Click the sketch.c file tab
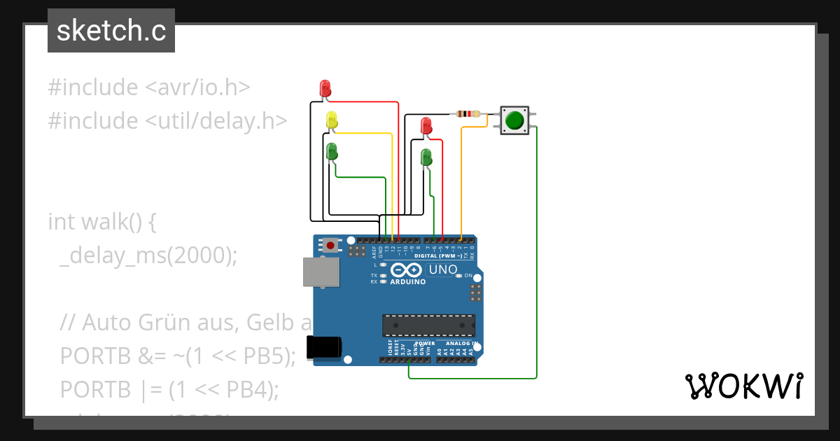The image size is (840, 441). tap(111, 31)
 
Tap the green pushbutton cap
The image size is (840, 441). tap(514, 120)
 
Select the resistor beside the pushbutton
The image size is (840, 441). tap(468, 114)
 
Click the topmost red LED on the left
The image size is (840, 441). tap(325, 88)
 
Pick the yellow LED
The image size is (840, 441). tap(332, 120)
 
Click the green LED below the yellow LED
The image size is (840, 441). tap(332, 150)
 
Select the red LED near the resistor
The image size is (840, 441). tap(426, 126)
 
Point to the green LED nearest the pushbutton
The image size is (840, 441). tap(426, 157)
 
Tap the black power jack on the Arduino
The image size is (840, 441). tap(325, 348)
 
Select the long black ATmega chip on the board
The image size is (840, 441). tap(428, 325)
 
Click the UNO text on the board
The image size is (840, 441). tap(442, 269)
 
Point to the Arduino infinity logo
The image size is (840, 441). tap(407, 270)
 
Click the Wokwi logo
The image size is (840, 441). tap(743, 386)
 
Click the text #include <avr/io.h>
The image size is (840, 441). tap(149, 87)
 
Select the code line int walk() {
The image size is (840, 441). tap(102, 222)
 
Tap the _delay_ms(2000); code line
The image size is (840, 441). tap(148, 255)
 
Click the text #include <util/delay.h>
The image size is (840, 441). tap(168, 121)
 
